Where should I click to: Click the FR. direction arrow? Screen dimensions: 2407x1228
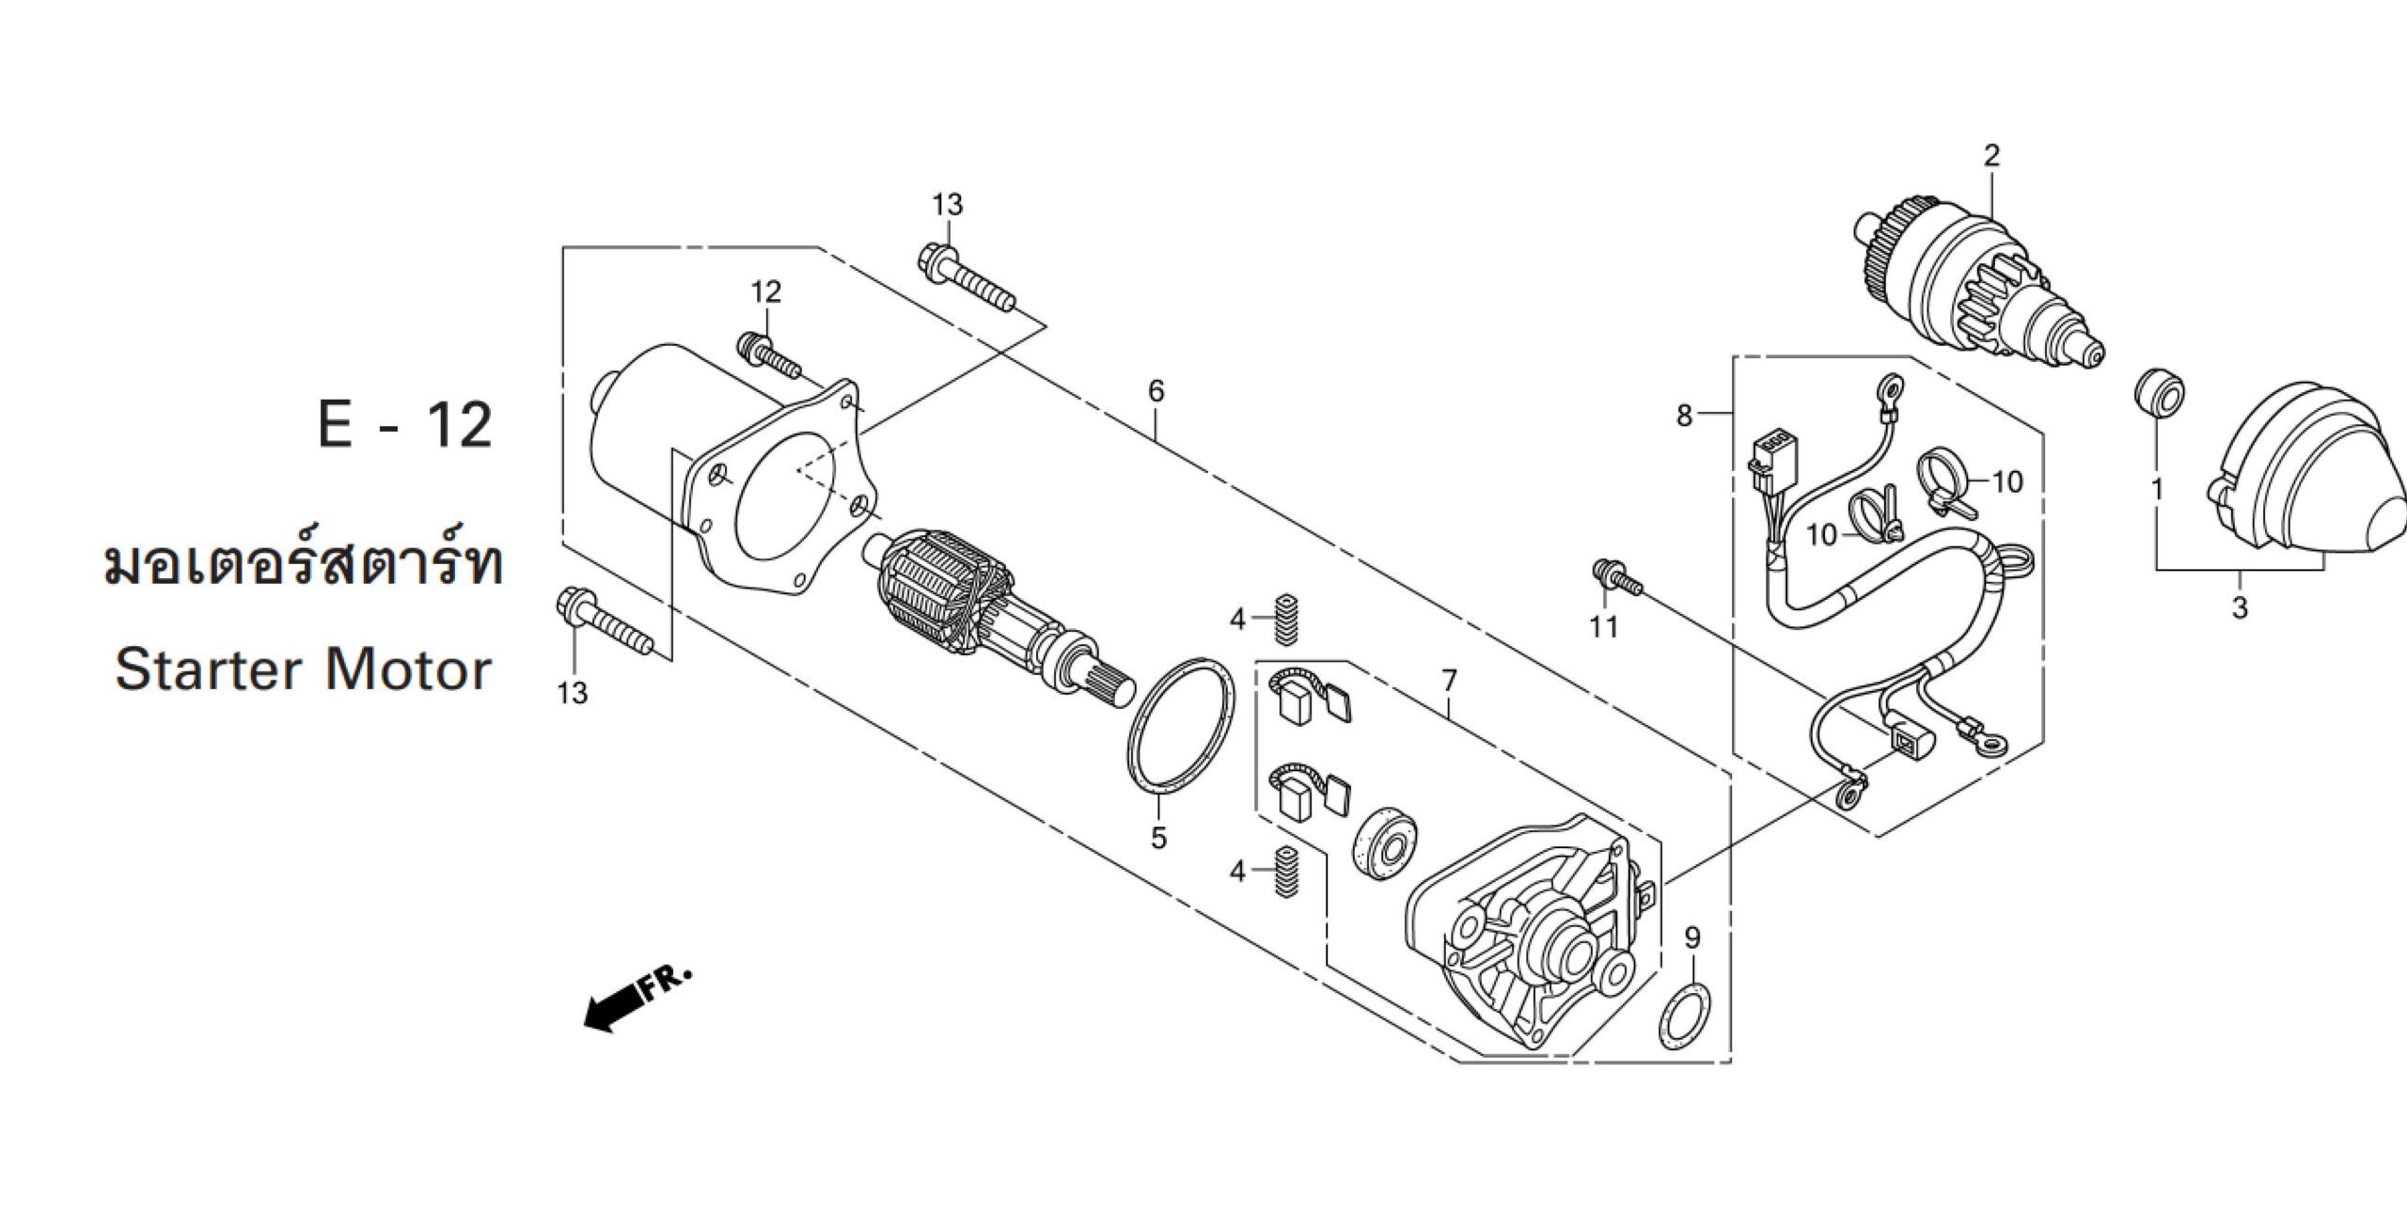pos(637,999)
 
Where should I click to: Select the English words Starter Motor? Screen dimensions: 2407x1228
pos(303,669)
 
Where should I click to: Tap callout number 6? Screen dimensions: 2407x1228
pos(1156,390)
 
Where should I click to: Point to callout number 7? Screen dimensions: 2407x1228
pos(1448,679)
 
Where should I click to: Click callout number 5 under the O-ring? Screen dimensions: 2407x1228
pos(1158,837)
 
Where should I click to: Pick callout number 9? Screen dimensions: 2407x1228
pos(1692,937)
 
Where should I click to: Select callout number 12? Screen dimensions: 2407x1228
pos(765,291)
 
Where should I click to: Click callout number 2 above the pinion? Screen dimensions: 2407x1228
pos(1991,155)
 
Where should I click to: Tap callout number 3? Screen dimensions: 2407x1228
pos(2240,607)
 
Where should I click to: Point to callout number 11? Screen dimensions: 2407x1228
pos(1603,625)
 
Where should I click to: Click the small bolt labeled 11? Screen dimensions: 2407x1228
pos(1615,576)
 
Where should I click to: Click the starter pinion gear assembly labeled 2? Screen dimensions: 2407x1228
pos(1974,287)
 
